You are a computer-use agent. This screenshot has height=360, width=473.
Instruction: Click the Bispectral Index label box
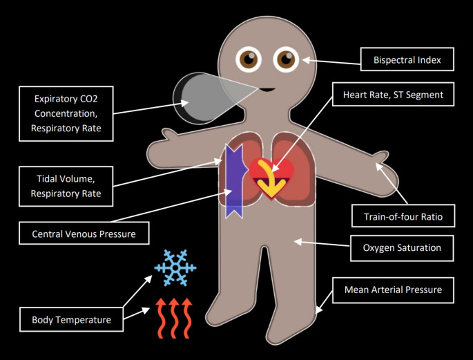[407, 60]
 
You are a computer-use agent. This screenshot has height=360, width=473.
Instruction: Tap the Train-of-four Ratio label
[402, 216]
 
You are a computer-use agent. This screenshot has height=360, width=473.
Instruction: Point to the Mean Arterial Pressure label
[393, 290]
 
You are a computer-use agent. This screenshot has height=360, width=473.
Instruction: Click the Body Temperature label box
[71, 320]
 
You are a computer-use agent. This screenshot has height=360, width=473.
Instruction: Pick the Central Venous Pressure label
[84, 234]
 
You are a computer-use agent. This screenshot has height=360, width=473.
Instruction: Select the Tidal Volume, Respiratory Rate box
[66, 184]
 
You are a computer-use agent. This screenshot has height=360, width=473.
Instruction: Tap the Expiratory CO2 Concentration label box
[66, 113]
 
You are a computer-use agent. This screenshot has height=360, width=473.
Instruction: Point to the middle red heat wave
[175, 317]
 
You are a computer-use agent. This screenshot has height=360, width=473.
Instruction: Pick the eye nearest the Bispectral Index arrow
[285, 60]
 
